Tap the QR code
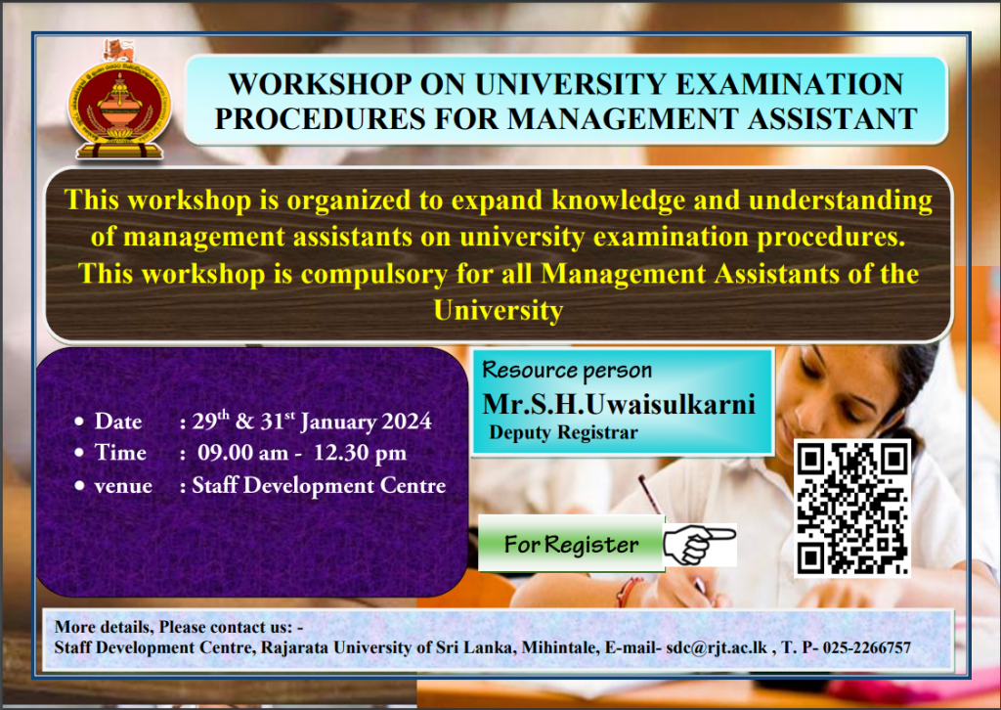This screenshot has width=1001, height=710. (852, 509)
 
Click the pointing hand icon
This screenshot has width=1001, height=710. (700, 545)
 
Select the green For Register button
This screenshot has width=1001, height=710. (571, 544)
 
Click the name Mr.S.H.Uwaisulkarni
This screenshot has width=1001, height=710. (619, 404)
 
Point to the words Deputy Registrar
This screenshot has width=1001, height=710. (563, 433)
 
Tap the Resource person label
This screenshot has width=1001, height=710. (567, 371)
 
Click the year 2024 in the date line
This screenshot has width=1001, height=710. (407, 422)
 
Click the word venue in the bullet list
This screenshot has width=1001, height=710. (123, 486)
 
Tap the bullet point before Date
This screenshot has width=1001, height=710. (79, 422)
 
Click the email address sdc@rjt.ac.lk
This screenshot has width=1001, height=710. (717, 647)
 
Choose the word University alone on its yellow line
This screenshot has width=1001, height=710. (498, 311)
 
